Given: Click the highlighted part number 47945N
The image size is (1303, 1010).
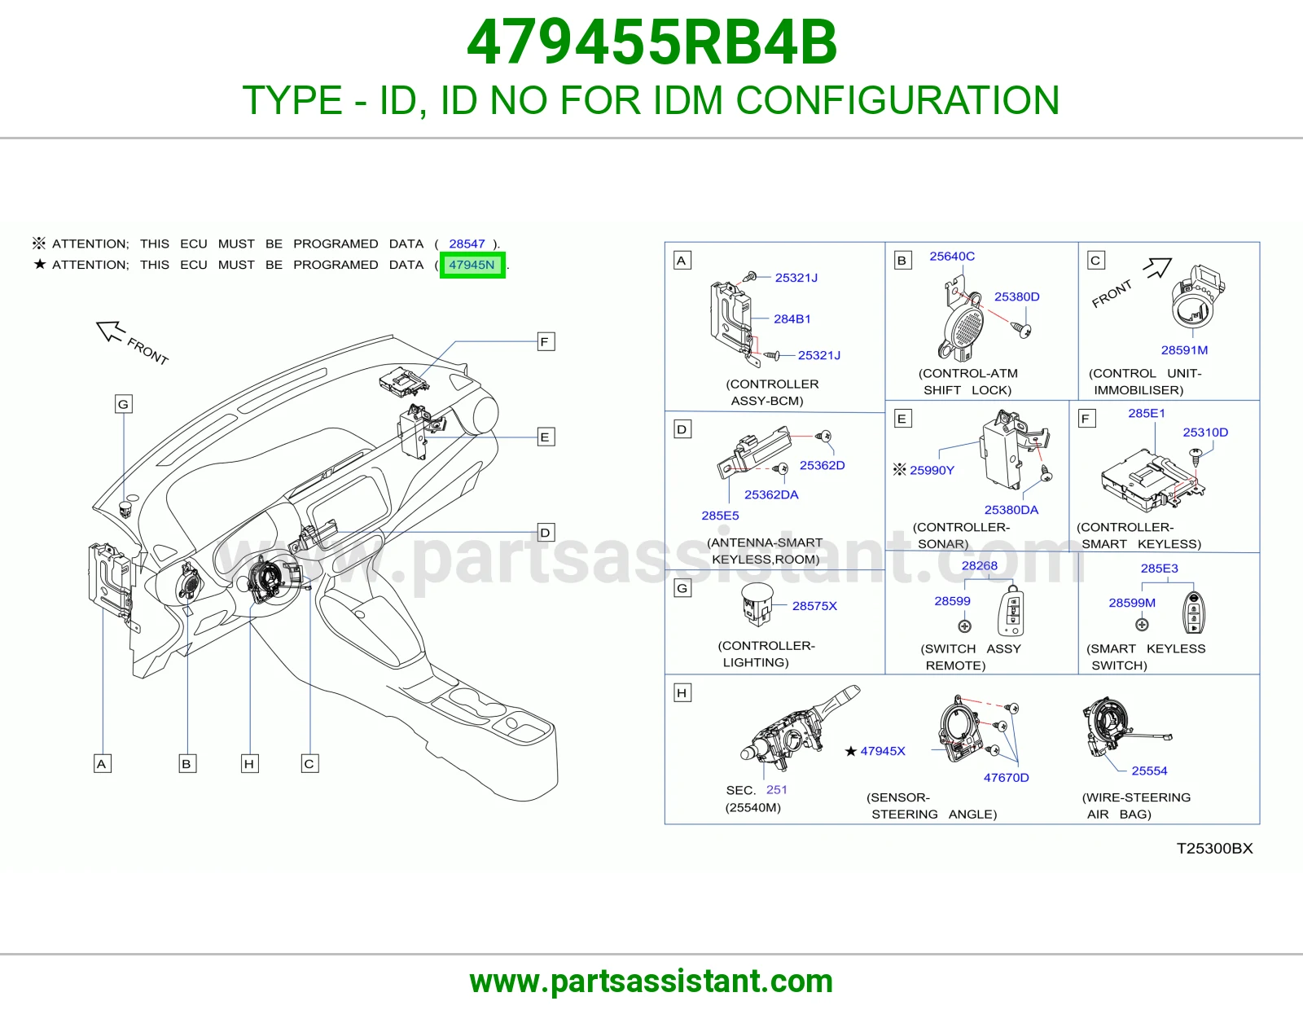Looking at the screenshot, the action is tap(472, 265).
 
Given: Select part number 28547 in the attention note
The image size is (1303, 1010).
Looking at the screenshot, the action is tap(467, 244).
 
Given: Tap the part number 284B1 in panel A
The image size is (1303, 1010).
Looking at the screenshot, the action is tap(792, 319).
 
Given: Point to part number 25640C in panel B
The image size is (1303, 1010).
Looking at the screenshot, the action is tap(952, 256).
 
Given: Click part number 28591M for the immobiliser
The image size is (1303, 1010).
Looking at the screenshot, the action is tap(1184, 350).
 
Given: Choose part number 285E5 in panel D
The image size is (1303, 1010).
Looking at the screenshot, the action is tap(720, 516).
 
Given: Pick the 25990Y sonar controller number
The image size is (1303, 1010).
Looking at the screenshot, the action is tap(931, 470).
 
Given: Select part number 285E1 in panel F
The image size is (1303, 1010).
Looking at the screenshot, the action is tap(1147, 413).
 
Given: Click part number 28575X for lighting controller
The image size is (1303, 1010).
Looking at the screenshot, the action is tap(814, 606).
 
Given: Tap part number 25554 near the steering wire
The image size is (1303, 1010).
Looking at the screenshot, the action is tap(1149, 771).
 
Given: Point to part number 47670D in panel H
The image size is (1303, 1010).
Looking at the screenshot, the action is tap(1007, 778).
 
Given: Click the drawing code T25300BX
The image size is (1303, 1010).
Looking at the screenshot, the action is tap(1214, 849).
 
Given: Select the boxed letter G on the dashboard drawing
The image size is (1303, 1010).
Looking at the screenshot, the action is tap(124, 404).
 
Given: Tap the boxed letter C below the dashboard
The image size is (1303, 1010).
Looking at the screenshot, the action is tap(309, 764).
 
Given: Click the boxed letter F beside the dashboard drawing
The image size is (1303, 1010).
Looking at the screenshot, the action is tap(545, 342).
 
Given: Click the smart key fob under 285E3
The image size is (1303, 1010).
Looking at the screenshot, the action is tap(1195, 613).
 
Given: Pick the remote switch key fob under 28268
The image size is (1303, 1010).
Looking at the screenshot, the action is tap(1011, 611).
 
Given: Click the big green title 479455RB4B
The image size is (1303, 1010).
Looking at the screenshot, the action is tap(651, 42).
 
